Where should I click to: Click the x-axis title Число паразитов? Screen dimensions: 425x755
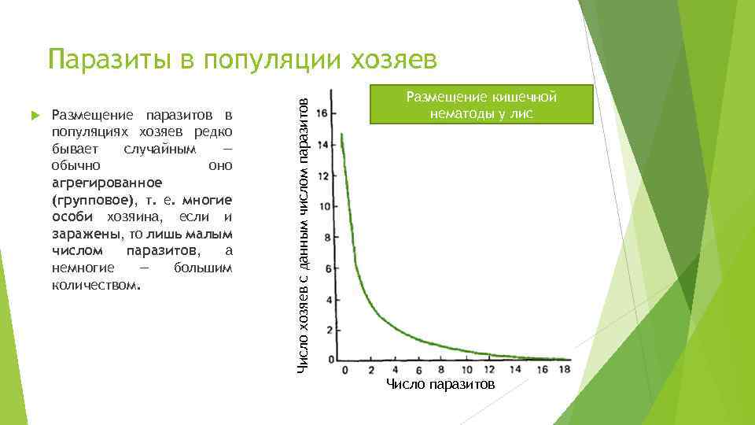440,384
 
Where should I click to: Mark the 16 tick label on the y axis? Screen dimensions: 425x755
321,113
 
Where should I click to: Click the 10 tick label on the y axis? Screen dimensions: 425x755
321,206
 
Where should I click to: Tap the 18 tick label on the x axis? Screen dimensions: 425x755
562,369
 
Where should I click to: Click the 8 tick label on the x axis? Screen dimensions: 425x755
443,369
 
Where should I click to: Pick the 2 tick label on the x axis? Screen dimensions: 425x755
370,369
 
